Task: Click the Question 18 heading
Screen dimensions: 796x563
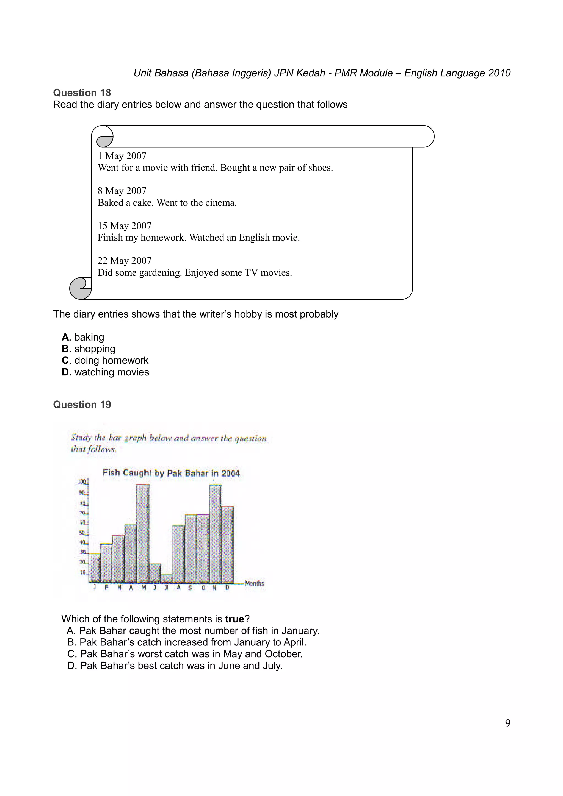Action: coord(82,93)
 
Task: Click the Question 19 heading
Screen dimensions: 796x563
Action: coord(82,404)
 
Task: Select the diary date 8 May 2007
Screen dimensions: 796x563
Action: coord(122,191)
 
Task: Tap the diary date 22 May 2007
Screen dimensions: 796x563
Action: coord(124,260)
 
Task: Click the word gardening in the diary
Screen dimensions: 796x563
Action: coord(160,272)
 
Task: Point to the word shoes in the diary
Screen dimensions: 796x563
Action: coord(320,168)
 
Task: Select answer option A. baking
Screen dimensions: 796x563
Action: coord(83,337)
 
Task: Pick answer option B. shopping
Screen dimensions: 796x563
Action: coord(89,349)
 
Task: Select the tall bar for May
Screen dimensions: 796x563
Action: coord(143,534)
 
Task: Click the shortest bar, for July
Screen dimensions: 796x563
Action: coord(167,579)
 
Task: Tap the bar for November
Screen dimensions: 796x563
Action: coord(215,534)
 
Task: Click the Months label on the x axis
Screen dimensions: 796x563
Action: coord(254,583)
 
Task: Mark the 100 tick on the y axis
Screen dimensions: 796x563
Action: coord(82,482)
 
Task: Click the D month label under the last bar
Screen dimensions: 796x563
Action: coord(227,588)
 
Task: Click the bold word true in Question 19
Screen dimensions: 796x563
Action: coord(234,619)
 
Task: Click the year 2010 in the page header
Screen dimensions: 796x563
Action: coord(499,73)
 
